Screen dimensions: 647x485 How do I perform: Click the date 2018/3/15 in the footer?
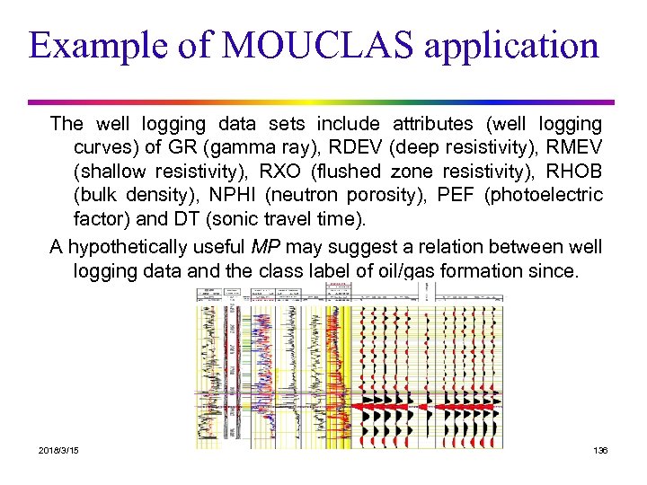(58, 449)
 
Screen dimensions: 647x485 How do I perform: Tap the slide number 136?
(600, 449)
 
